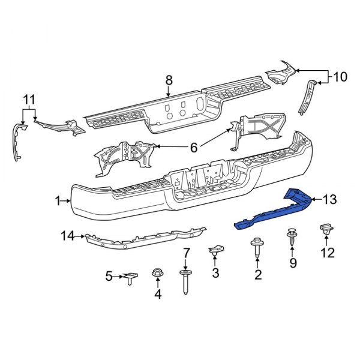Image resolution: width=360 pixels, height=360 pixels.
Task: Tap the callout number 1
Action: point(58,202)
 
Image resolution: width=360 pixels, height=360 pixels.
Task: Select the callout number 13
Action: point(331,199)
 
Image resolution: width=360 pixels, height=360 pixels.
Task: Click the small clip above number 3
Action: point(216,250)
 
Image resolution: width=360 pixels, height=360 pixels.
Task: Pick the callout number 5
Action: point(109,277)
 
